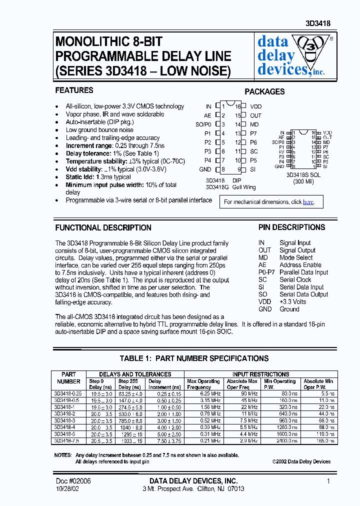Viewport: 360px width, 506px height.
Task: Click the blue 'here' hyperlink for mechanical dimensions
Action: click(x=308, y=202)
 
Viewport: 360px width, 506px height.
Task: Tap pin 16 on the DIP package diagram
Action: click(x=238, y=106)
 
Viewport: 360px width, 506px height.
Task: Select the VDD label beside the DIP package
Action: click(x=255, y=106)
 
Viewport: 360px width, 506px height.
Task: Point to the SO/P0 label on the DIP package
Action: click(x=203, y=124)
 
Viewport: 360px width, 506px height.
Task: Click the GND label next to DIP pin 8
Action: click(x=205, y=169)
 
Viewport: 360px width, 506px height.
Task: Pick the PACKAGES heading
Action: click(x=264, y=91)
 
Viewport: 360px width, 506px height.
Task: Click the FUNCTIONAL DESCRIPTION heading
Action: click(x=103, y=227)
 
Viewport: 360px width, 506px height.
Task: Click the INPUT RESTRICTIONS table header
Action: click(x=260, y=374)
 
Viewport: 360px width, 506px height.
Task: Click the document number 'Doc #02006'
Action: click(x=73, y=480)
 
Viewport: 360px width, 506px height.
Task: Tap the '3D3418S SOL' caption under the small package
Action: click(x=303, y=175)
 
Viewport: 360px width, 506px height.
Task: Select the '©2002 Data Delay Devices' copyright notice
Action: click(x=301, y=461)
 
